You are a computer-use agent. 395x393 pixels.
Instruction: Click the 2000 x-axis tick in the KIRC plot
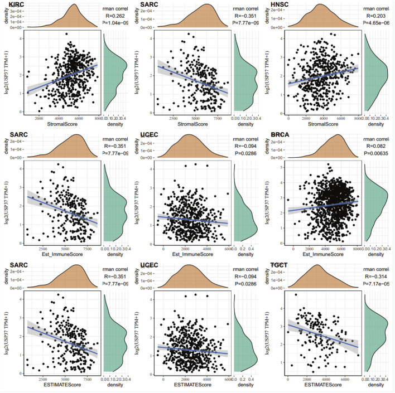[x=39, y=119]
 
